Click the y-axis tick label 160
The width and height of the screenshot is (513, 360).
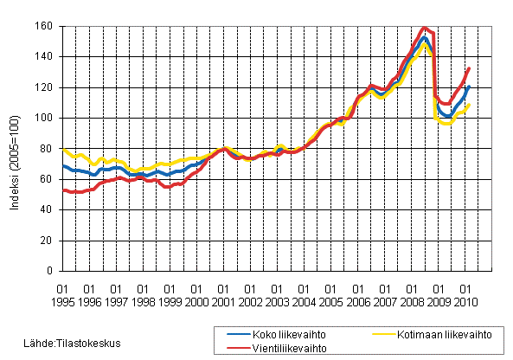(x=45, y=26)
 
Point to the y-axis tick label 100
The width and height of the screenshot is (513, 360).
(x=45, y=118)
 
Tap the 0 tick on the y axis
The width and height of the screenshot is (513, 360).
(x=50, y=271)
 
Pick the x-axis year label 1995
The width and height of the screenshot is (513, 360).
(x=62, y=300)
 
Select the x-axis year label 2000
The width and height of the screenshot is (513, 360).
(x=196, y=300)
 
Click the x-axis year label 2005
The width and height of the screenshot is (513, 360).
(x=330, y=300)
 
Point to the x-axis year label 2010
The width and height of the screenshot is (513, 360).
(x=465, y=300)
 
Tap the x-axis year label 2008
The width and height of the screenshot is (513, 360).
(x=411, y=300)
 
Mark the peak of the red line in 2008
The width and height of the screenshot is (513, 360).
(x=424, y=28)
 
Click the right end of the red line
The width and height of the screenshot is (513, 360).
(x=470, y=67)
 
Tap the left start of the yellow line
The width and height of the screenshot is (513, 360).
(x=63, y=149)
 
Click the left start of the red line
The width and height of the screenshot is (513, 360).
(x=63, y=190)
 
